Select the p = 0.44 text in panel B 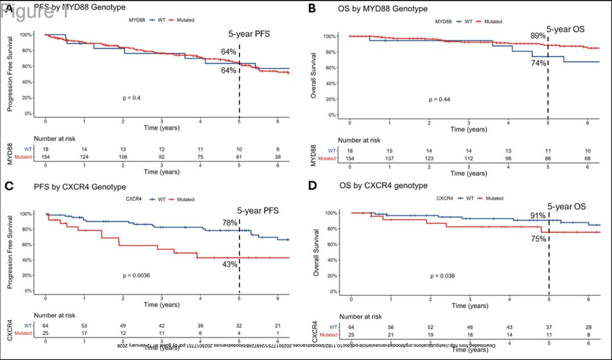(440, 99)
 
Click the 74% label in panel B (539, 63)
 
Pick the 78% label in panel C (229, 222)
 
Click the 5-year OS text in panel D (567, 207)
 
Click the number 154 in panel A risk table (45, 157)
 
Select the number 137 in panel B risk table (389, 159)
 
